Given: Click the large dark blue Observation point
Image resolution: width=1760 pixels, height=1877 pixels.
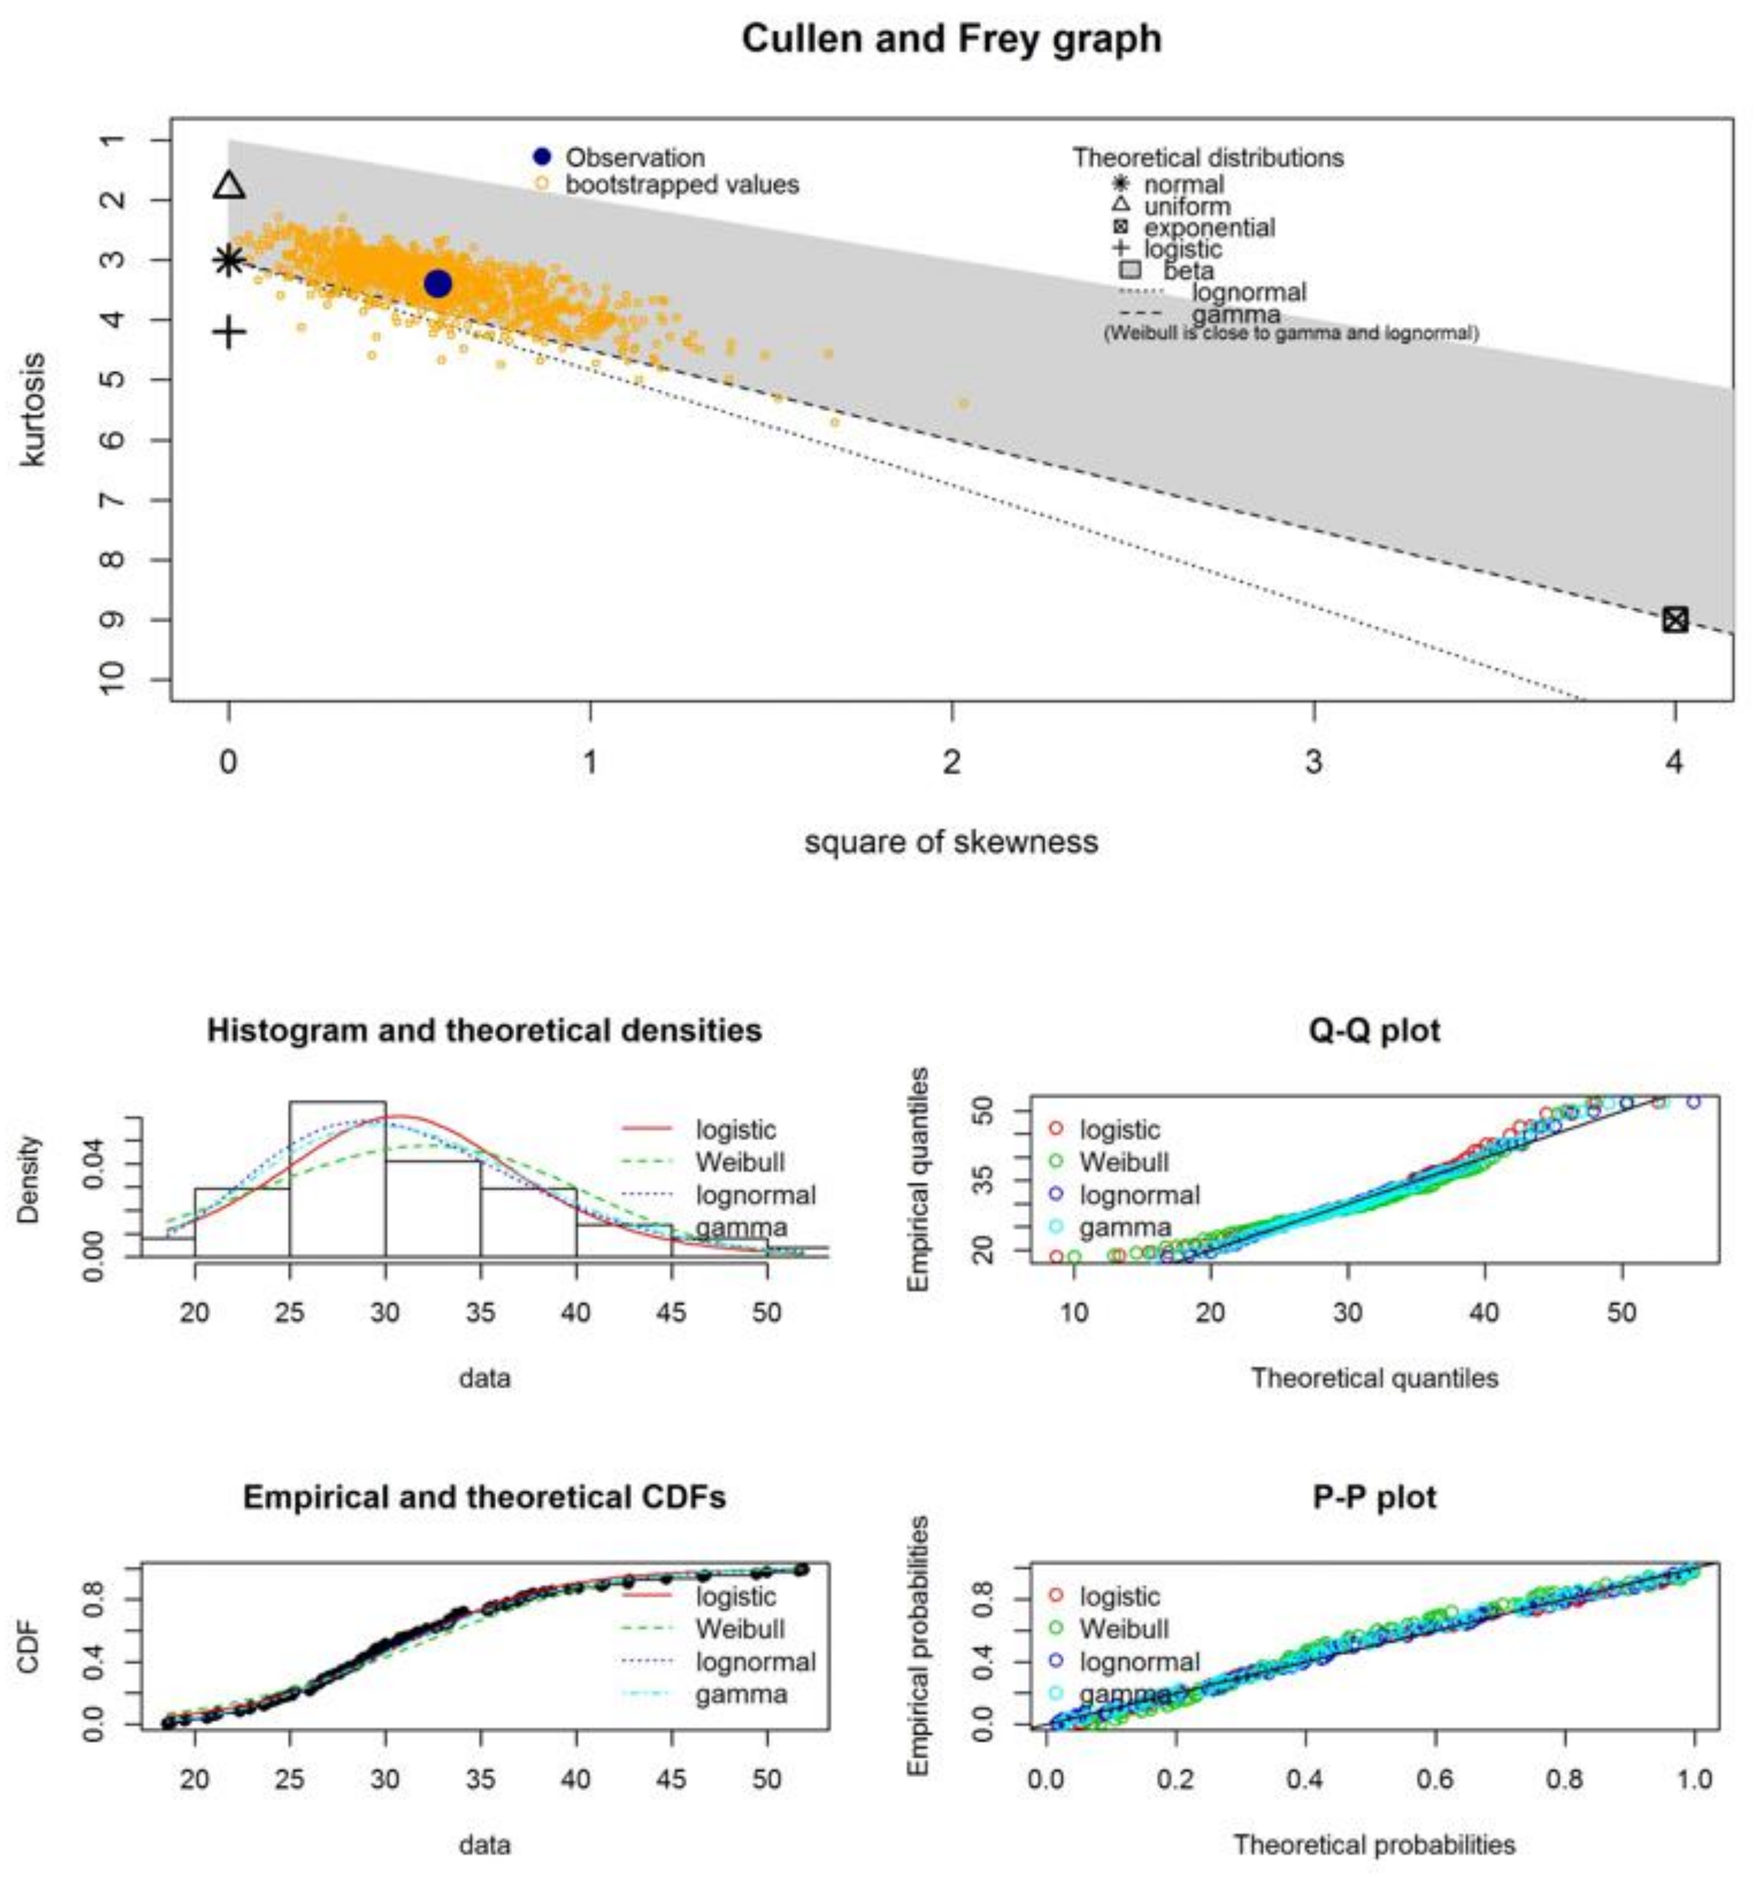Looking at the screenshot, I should [437, 283].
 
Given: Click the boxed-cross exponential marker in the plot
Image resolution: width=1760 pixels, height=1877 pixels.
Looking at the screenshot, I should [1674, 620].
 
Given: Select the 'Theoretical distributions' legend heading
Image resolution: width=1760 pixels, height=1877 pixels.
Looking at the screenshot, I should [1208, 158].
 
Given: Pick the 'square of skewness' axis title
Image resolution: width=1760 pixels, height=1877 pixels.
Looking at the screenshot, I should [951, 841].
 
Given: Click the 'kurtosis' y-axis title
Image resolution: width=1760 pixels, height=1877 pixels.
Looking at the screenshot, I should [33, 410].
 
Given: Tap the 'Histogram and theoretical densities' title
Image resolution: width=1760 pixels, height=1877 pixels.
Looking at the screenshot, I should [484, 1030].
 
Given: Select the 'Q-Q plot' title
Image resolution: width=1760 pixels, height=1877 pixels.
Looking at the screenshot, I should [1374, 1030].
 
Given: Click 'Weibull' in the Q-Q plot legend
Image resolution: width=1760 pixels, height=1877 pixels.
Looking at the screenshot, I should [1124, 1162].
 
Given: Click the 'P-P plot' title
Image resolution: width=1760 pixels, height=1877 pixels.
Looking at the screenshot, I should [1374, 1497].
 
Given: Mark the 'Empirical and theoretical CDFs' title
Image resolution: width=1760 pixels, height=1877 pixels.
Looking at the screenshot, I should [484, 1497].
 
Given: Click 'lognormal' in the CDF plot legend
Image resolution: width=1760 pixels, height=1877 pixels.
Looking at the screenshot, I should [756, 1662].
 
